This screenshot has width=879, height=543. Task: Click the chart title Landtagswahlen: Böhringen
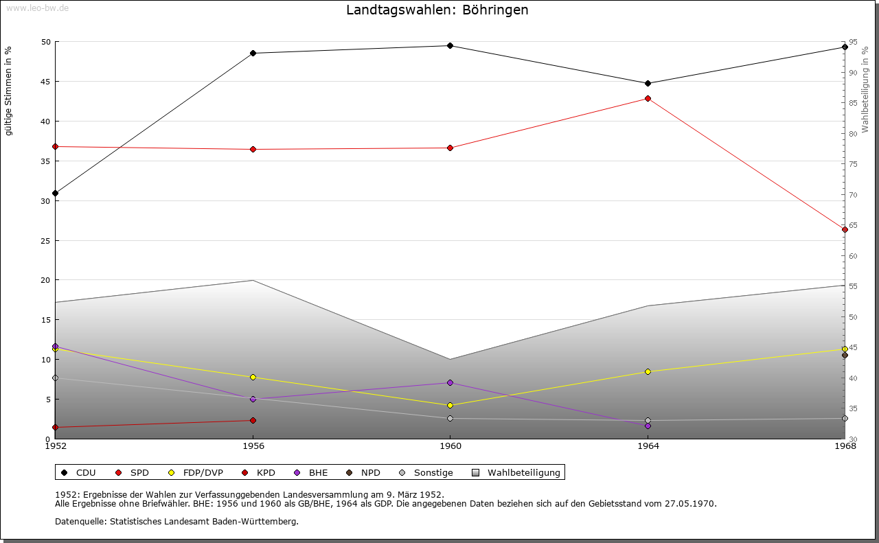coord(437,10)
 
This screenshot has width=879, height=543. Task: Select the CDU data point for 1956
coord(253,54)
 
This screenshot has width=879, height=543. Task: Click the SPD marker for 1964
coord(648,99)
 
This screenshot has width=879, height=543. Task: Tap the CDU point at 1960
coord(450,46)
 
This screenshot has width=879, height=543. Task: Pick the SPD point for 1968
coord(845,230)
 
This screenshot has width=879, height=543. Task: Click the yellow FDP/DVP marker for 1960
coord(450,406)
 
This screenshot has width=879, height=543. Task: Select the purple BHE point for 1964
coord(648,426)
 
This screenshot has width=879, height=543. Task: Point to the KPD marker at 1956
coord(253,421)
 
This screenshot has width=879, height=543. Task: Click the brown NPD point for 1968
coord(845,356)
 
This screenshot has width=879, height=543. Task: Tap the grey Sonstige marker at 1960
coord(450,419)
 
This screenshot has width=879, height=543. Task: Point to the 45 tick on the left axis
coord(45,82)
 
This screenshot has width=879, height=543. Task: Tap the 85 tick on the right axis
coord(852,104)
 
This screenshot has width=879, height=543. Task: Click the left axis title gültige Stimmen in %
coord(8,91)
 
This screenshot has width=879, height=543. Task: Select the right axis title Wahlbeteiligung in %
coord(865,90)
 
